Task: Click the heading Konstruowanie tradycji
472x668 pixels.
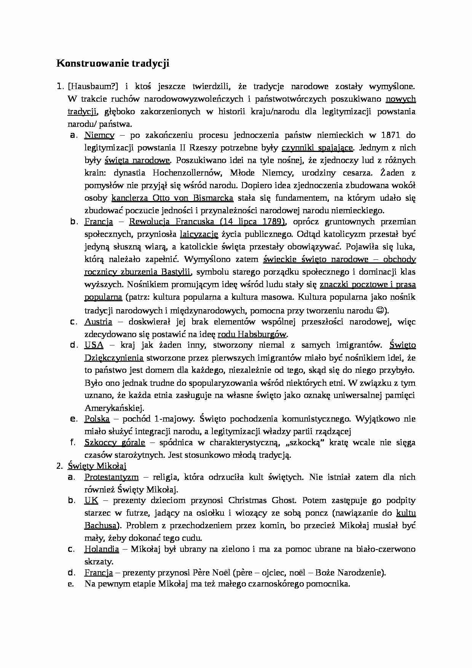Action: [x=113, y=63]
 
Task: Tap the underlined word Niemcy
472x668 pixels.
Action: [x=99, y=135]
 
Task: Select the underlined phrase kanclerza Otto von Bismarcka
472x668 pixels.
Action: [x=172, y=198]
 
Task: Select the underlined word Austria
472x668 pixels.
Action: [x=98, y=322]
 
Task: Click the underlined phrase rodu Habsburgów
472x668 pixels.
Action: [x=252, y=334]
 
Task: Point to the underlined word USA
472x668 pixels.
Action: [x=94, y=345]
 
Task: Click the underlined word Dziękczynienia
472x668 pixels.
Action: [x=114, y=358]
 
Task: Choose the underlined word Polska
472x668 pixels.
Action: [x=97, y=419]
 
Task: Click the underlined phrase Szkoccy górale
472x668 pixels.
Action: [x=115, y=443]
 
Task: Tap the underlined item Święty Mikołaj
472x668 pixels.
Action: [x=97, y=466]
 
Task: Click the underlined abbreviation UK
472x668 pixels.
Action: [x=91, y=501]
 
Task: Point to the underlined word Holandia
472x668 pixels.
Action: [x=102, y=549]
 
